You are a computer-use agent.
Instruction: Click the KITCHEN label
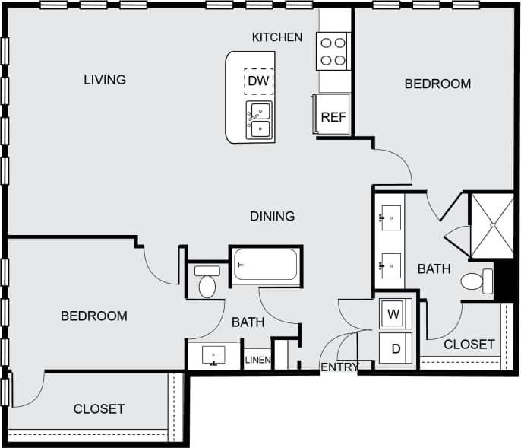[x=277, y=37]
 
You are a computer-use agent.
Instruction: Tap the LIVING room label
[x=105, y=79]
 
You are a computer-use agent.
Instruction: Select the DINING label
[x=272, y=217]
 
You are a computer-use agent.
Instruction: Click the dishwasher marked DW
[x=258, y=81]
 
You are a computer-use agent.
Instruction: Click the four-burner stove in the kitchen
[x=333, y=51]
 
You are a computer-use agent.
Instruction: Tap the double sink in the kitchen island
[x=259, y=120]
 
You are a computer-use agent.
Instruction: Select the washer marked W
[x=394, y=313]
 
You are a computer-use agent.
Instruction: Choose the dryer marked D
[x=395, y=348]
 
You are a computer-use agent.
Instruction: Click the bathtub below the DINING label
[x=265, y=265]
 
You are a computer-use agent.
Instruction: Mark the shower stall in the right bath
[x=493, y=224]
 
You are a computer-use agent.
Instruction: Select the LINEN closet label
[x=257, y=360]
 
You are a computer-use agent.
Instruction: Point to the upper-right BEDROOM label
[x=437, y=84]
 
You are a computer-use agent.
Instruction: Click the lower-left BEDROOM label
[x=94, y=316]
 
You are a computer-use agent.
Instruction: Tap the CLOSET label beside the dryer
[x=469, y=345]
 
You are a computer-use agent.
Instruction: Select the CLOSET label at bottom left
[x=99, y=409]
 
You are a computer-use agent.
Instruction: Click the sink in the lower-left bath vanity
[x=213, y=355]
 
